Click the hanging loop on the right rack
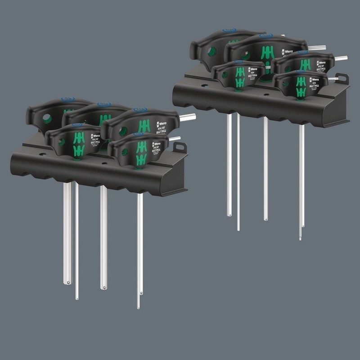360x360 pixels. [342, 78]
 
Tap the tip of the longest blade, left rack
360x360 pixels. [138, 307]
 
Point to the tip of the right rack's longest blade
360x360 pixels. [300, 238]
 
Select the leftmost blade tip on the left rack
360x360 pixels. [67, 282]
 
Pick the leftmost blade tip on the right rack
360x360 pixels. [229, 214]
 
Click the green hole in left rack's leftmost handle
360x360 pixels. [47, 119]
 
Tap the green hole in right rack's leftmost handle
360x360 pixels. [211, 52]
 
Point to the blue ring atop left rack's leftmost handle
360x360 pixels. [67, 99]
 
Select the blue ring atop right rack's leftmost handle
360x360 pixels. [229, 31]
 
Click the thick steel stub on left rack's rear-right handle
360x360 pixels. [188, 117]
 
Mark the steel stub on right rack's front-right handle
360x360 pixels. [333, 79]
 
